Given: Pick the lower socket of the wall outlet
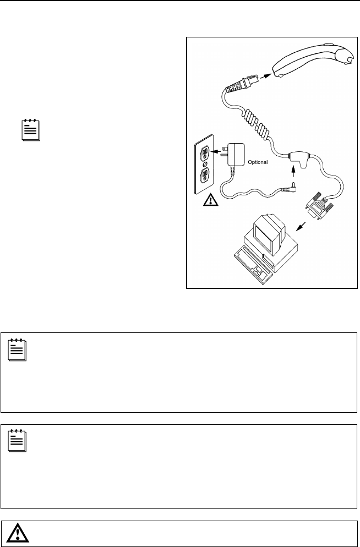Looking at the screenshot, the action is (204, 175).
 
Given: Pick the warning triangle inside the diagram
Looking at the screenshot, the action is (210, 200).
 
